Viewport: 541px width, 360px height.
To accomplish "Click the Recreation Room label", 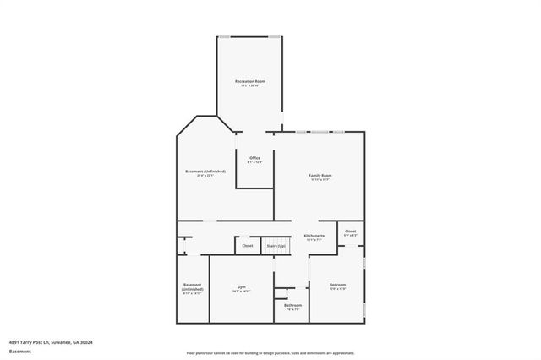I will [x=250, y=81].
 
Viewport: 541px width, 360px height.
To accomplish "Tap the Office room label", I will [x=254, y=157].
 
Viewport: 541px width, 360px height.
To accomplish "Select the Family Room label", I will [x=320, y=175].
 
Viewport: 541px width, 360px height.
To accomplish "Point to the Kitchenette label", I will [x=314, y=236].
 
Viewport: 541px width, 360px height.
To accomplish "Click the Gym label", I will [x=242, y=287].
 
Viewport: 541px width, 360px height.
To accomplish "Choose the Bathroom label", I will [x=292, y=305].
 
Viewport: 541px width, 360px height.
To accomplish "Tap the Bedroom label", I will [x=337, y=285].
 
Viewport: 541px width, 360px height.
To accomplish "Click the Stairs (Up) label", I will [x=276, y=246].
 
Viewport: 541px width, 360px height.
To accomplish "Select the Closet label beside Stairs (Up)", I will [x=248, y=246].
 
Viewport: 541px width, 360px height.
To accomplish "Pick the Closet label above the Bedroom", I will [x=350, y=231].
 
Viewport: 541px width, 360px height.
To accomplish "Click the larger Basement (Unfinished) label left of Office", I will [x=205, y=172].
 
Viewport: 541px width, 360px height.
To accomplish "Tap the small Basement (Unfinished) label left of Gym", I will [x=193, y=286].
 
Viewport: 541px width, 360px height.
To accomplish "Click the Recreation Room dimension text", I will [x=250, y=86].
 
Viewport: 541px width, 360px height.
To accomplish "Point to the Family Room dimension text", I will [x=320, y=180].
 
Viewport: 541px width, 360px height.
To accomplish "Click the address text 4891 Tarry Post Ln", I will [x=50, y=342].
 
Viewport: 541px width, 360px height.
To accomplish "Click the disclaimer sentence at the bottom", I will [x=270, y=352].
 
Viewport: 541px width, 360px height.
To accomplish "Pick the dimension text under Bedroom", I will [x=337, y=290].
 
